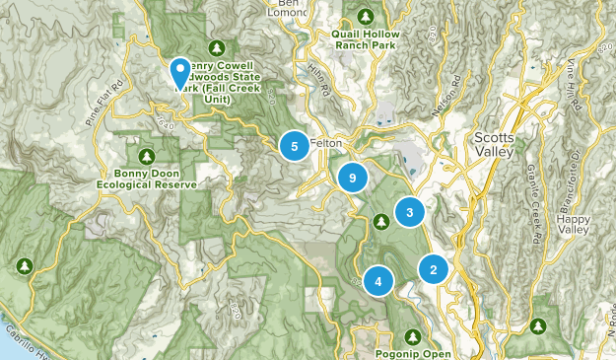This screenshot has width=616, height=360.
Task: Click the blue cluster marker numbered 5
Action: pos(293,146)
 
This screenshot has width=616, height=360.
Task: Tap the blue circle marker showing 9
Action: pos(352,178)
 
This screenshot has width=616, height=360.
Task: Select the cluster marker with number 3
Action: pos(409,211)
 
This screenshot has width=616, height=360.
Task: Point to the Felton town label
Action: pos(325,142)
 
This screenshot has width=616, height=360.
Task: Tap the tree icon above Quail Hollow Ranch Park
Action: pos(366,17)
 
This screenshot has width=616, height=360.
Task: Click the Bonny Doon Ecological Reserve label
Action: pos(148,179)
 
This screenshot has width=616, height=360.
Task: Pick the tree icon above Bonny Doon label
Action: pos(147,156)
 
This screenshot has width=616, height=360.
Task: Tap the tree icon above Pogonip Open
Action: pos(413,333)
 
